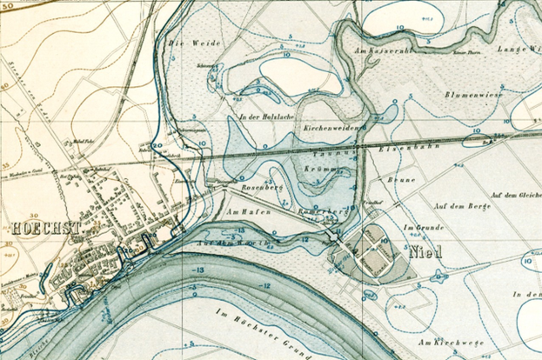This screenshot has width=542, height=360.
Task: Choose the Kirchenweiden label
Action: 331,128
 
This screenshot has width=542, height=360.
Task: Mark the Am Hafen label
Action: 247,211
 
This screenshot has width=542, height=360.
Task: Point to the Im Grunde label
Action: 418,227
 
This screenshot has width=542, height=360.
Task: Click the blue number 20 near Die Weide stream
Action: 157,145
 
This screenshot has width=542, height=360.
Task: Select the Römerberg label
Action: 318,211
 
